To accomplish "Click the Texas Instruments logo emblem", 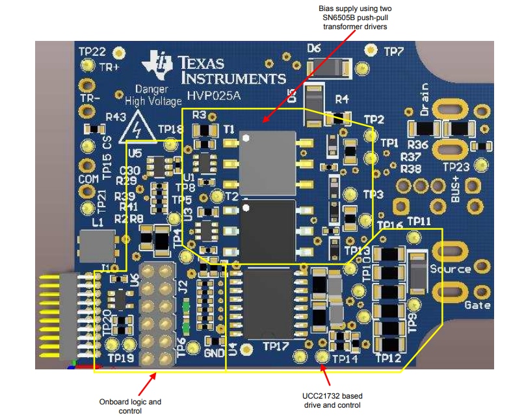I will tap(159, 64).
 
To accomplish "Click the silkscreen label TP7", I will tap(395, 51).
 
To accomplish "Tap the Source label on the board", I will tap(451, 269).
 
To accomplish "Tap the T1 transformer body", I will tap(267, 159).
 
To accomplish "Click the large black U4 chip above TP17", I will tap(270, 303).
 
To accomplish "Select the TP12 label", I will tap(389, 358).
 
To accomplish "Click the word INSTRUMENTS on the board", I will tap(233, 79).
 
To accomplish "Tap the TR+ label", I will tap(108, 67).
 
